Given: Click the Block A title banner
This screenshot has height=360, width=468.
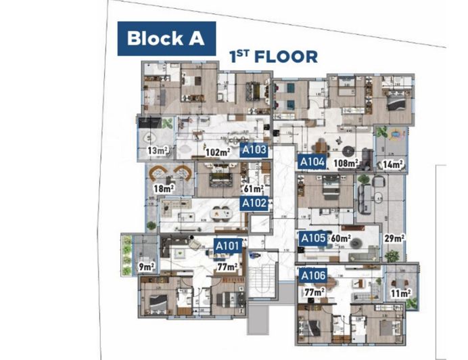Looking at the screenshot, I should click(166, 38).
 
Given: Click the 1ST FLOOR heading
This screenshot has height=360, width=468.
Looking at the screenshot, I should click(273, 56).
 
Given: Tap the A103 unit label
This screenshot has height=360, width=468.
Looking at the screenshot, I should click(254, 151).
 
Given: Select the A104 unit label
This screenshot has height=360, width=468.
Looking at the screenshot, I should click(313, 162).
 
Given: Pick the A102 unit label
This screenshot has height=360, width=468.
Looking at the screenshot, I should click(254, 203).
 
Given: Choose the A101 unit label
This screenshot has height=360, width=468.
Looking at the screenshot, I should click(227, 246).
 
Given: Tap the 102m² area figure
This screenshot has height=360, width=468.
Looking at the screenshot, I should click(218, 152).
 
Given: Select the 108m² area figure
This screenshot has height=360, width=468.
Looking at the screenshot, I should click(345, 163).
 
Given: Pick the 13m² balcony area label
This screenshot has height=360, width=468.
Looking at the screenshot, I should click(157, 150).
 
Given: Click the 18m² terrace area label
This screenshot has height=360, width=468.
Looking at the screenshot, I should click(164, 189).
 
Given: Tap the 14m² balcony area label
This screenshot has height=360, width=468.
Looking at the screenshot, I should click(392, 163).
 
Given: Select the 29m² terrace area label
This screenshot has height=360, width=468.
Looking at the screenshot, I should click(394, 238).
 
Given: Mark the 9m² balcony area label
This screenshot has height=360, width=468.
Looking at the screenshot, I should click(145, 267).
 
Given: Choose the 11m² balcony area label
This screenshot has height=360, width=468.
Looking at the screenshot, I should click(400, 294).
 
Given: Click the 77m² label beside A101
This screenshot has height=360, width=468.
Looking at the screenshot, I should click(227, 267).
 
